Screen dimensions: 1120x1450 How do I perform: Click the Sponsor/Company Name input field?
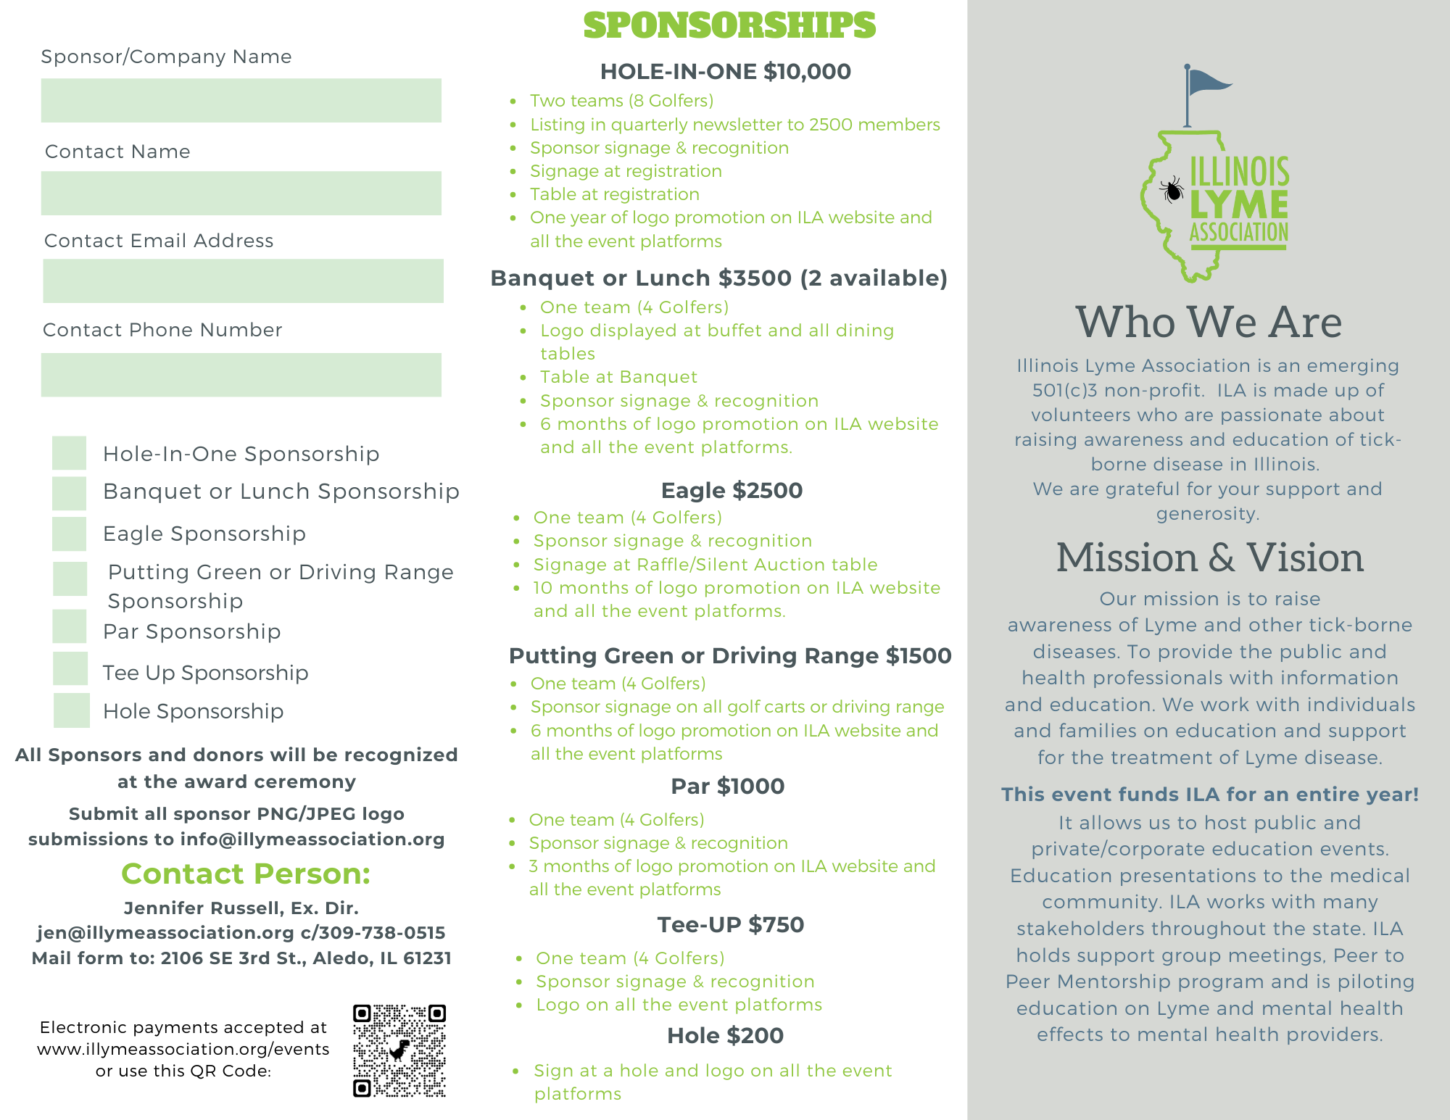coord(241,100)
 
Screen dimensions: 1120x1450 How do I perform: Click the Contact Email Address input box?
coord(243,281)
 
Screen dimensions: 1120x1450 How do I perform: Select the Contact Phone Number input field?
coord(241,375)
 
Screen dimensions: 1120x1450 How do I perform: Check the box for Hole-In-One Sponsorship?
coord(70,453)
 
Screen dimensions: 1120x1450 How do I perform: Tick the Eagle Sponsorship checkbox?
coord(70,534)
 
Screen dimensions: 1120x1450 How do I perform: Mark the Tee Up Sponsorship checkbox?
coord(70,668)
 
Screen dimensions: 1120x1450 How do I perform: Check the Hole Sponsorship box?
coord(72,710)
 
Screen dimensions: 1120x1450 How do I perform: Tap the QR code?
coord(399,1050)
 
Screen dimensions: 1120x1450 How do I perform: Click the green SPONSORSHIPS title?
coord(729,25)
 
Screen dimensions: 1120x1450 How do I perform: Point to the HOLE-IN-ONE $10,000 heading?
coord(726,72)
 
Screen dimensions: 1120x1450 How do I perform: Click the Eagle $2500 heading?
coord(732,491)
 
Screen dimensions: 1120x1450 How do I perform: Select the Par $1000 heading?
coord(728,787)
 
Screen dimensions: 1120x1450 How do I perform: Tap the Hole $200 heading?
coord(725,1036)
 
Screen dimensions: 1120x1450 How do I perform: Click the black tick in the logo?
coord(1172,191)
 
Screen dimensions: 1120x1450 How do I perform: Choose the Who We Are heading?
coord(1209,322)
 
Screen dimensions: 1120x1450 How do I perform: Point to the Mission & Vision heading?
coord(1209,557)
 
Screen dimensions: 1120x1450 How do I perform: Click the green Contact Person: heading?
coord(246,874)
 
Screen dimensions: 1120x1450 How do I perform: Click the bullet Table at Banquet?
coord(618,377)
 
